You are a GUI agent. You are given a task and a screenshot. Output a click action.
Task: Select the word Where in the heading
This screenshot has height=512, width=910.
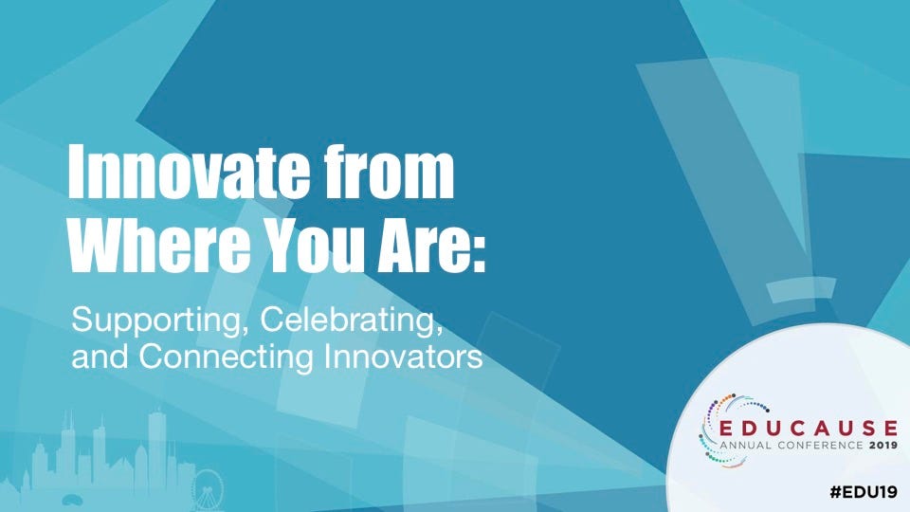pos(159,245)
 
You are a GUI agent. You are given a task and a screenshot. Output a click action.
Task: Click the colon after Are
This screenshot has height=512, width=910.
pos(477,253)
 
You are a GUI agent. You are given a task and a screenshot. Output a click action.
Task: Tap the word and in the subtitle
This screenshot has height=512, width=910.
pos(100,356)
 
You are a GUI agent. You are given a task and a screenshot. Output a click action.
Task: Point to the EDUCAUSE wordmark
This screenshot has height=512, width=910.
pos(808,429)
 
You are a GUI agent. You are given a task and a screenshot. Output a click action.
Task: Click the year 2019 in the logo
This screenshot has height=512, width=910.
pos(883,446)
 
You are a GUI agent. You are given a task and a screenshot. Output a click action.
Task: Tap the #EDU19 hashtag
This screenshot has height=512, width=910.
pos(864,492)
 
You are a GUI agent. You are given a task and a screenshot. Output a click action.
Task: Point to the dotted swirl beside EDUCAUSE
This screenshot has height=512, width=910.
pos(719,430)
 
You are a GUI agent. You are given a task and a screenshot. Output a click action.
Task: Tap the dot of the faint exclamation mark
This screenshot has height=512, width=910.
pos(801,290)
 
